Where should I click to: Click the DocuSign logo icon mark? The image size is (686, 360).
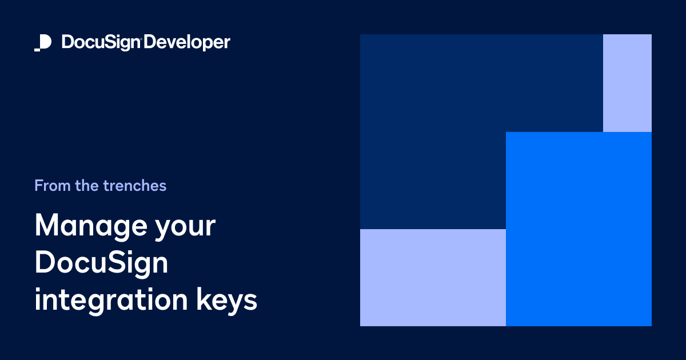43,43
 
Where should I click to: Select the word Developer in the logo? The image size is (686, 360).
187,43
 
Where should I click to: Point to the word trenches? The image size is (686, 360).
135,186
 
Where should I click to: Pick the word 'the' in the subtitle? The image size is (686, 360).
87,186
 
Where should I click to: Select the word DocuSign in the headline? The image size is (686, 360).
102,263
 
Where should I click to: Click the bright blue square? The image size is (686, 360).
579,229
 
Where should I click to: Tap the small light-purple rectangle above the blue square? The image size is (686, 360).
627,83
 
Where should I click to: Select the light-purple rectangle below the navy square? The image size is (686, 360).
433,277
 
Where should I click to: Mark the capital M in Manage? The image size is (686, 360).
46,226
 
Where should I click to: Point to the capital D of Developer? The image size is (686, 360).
150,43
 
